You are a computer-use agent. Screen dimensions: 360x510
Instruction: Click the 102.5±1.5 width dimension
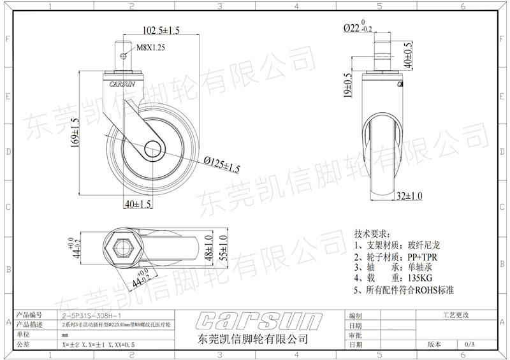pos(156,30)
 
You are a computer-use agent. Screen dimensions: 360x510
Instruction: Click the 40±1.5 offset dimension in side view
pos(136,205)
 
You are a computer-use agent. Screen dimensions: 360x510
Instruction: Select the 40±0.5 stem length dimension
pos(406,54)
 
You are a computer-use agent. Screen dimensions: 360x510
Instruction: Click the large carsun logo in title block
pos(252,319)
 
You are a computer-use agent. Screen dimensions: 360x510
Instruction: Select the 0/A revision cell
pos(469,343)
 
